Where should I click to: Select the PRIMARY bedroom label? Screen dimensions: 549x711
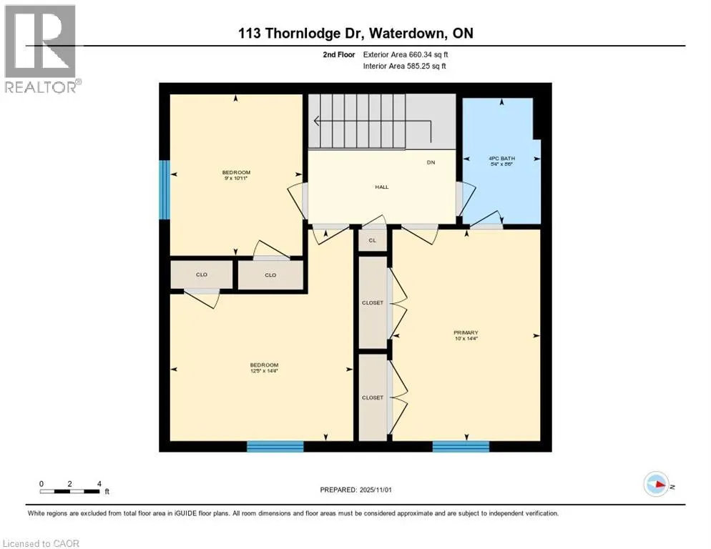[465, 332]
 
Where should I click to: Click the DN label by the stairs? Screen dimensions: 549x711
[431, 162]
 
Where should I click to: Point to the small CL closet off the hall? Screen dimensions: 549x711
[372, 241]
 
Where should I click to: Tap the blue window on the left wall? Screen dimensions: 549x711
[165, 189]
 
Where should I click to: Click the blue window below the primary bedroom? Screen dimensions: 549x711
[461, 447]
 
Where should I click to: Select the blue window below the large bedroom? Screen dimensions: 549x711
[275, 447]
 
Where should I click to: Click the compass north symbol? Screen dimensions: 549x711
[657, 485]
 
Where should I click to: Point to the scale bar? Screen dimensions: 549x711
[70, 490]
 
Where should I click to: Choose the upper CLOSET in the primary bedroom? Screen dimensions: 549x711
[372, 302]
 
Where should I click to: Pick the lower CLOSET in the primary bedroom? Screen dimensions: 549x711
[372, 397]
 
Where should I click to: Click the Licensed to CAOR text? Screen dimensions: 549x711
[41, 543]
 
